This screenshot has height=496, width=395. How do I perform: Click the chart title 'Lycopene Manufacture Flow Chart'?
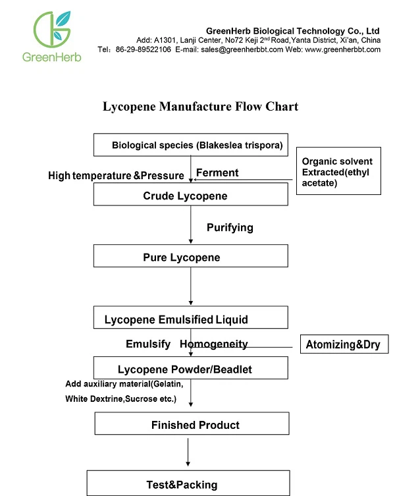201,107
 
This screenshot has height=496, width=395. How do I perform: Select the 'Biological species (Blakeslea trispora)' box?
191,145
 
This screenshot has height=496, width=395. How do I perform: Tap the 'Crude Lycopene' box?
191,194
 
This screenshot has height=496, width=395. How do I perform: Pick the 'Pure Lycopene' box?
191,256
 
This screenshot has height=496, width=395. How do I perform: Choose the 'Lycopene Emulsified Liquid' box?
191,317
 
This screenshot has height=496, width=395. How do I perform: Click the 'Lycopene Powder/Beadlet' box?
191,368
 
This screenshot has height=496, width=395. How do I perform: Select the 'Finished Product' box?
192,424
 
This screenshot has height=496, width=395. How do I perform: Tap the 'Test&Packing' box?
188,483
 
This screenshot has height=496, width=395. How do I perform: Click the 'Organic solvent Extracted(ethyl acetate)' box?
338,171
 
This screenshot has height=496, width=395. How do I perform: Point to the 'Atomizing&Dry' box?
344,344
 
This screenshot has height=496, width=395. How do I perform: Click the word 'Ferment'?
217,173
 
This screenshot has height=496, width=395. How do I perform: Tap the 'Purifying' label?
230,228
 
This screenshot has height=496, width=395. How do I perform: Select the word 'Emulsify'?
148,344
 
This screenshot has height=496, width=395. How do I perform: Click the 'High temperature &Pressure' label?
116,176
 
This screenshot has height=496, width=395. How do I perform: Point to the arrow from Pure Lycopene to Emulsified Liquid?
191,287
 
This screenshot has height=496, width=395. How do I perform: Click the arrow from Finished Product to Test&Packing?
188,453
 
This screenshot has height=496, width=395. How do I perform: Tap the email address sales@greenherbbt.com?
242,49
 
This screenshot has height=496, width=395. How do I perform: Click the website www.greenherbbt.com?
343,49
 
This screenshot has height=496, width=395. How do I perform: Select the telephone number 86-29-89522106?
144,49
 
